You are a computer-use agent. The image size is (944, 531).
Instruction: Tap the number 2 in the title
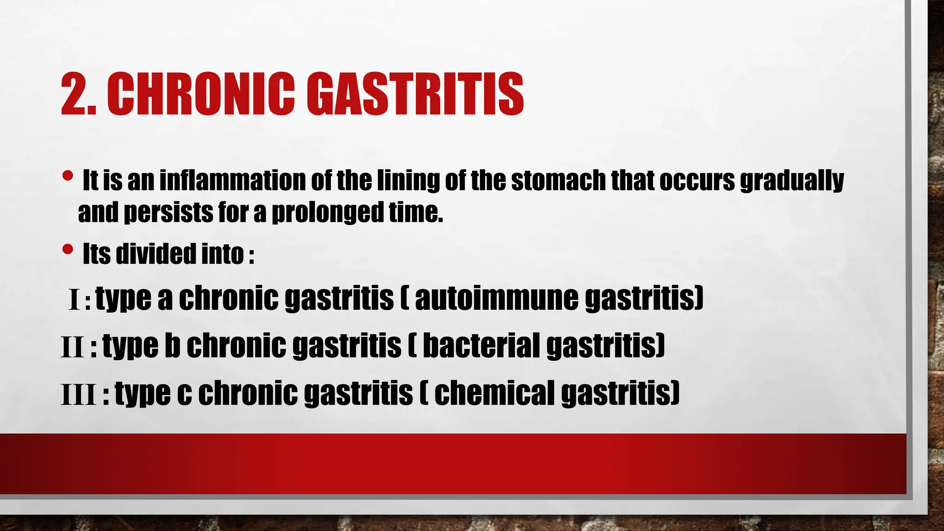pos(73,94)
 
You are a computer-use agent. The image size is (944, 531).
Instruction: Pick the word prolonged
pos(327,213)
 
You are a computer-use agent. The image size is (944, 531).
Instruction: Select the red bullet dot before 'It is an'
pos(67,176)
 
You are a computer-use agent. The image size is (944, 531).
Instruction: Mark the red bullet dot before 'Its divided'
pos(67,249)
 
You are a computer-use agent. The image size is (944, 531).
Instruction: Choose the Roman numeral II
pos(73,348)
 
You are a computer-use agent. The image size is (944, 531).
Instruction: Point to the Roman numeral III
pos(79,395)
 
